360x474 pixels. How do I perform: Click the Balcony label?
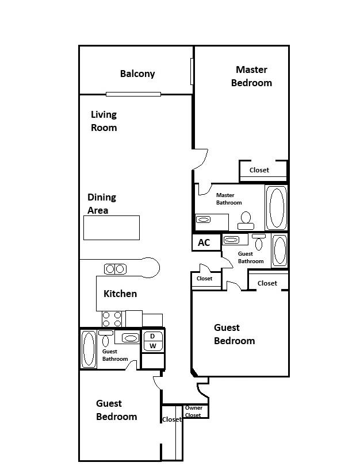pyautogui.click(x=137, y=74)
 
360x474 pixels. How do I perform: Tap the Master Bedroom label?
pyautogui.click(x=251, y=76)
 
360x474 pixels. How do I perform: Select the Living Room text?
pyautogui.click(x=104, y=121)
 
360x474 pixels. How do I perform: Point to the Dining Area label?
pyautogui.click(x=102, y=203)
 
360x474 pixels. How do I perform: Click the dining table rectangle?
pyautogui.click(x=112, y=228)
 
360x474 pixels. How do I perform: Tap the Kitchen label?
pyautogui.click(x=120, y=294)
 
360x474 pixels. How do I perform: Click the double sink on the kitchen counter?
pyautogui.click(x=114, y=268)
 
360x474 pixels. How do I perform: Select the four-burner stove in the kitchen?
pyautogui.click(x=112, y=319)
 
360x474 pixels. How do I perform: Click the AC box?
pyautogui.click(x=204, y=242)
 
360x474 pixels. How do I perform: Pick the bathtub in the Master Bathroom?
pyautogui.click(x=277, y=207)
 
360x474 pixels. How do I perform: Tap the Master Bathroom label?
pyautogui.click(x=228, y=199)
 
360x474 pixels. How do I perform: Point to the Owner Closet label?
pyautogui.click(x=193, y=411)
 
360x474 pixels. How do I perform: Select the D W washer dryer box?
pyautogui.click(x=152, y=341)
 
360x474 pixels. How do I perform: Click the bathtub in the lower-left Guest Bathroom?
pyautogui.click(x=89, y=349)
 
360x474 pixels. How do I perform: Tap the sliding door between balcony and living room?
pyautogui.click(x=133, y=94)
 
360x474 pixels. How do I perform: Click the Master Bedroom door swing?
pyautogui.click(x=200, y=159)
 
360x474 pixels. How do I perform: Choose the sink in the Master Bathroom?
pyautogui.click(x=204, y=219)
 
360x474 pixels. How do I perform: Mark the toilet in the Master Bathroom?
pyautogui.click(x=246, y=218)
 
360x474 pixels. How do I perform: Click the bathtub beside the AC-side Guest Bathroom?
pyautogui.click(x=279, y=251)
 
